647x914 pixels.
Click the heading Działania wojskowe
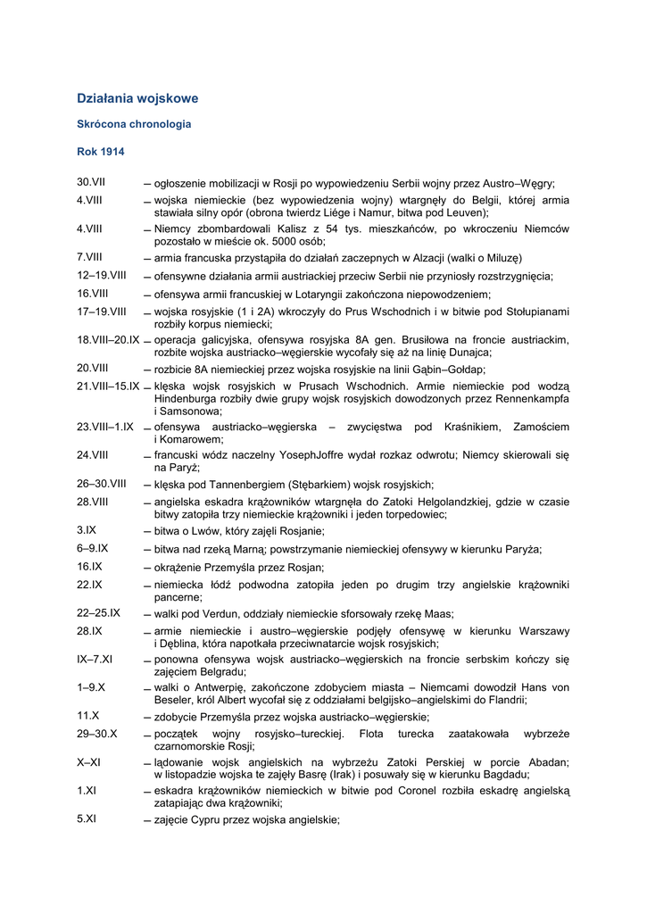137,98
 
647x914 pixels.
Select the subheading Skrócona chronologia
134,125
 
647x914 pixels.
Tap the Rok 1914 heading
101,152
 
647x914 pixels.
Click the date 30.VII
91,182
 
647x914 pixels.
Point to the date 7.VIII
89,257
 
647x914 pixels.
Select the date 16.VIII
92,294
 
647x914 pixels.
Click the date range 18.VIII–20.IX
108,340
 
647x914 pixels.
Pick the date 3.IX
87,530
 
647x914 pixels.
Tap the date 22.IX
89,585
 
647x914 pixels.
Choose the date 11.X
87,716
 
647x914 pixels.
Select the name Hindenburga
190,399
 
